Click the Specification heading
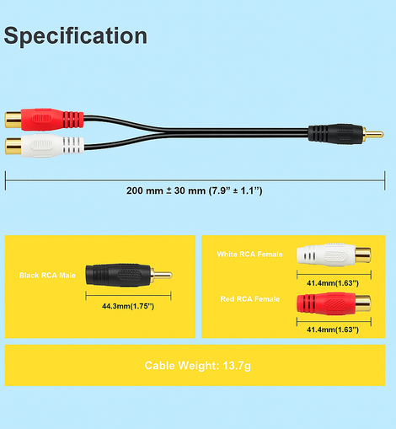(76, 36)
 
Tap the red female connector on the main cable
(44, 120)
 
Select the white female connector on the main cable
(44, 145)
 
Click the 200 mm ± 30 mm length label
(194, 190)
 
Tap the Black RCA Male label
(47, 276)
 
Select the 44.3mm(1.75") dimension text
(128, 306)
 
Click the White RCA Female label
(249, 255)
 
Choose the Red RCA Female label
(250, 299)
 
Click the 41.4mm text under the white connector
(333, 283)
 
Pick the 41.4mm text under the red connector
(333, 330)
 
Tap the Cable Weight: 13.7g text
(198, 366)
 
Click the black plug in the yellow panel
(129, 275)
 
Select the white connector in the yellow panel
(334, 255)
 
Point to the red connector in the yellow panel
(334, 303)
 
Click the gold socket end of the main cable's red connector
(13, 120)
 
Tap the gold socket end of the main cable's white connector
(13, 146)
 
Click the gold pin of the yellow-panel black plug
(163, 275)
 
